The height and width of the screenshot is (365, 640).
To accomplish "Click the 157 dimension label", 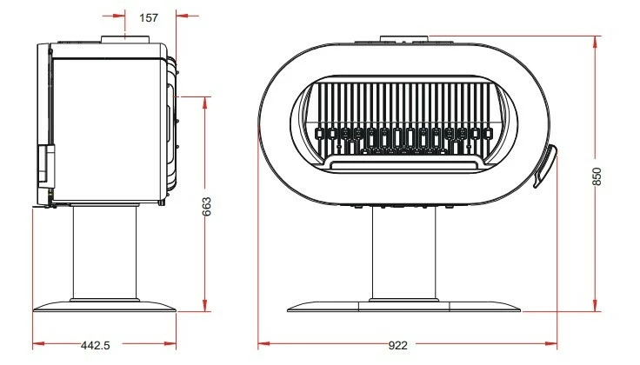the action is click(x=149, y=18).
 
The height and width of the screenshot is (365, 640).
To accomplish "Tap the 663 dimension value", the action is click(x=207, y=206).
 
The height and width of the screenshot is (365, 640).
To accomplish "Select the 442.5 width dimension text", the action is click(x=96, y=345).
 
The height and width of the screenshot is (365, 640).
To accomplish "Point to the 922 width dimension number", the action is click(x=397, y=345).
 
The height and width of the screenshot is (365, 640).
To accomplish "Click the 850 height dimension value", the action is click(x=597, y=176).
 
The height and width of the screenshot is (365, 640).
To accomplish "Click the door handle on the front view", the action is click(x=545, y=166).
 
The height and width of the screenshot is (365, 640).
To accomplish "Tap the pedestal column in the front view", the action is click(x=403, y=254).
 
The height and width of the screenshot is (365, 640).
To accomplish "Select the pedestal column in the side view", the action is click(x=104, y=253).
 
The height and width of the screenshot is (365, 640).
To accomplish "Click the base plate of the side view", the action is click(x=104, y=307).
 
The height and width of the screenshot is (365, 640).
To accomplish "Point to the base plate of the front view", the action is click(x=403, y=307).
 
